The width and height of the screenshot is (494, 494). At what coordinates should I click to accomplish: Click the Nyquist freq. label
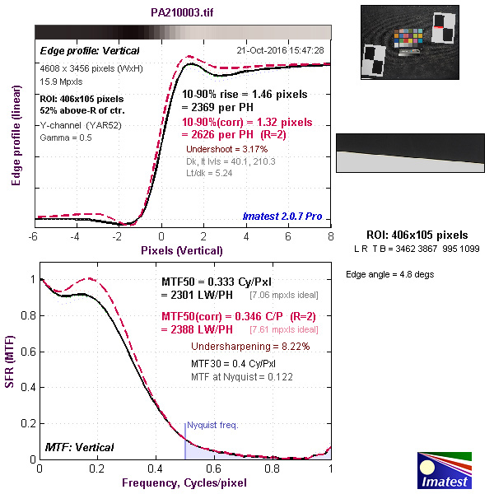pyautogui.click(x=212, y=425)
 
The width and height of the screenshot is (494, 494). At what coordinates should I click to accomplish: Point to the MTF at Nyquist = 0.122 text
pyautogui.click(x=242, y=375)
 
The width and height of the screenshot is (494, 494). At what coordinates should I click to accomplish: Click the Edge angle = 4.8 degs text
pyautogui.click(x=389, y=274)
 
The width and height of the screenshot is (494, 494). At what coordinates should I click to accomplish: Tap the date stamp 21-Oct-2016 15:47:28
pyautogui.click(x=282, y=50)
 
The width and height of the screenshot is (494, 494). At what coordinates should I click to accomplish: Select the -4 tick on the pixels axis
pyautogui.click(x=76, y=236)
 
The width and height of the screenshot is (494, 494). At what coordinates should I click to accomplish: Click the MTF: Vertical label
pyautogui.click(x=78, y=447)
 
